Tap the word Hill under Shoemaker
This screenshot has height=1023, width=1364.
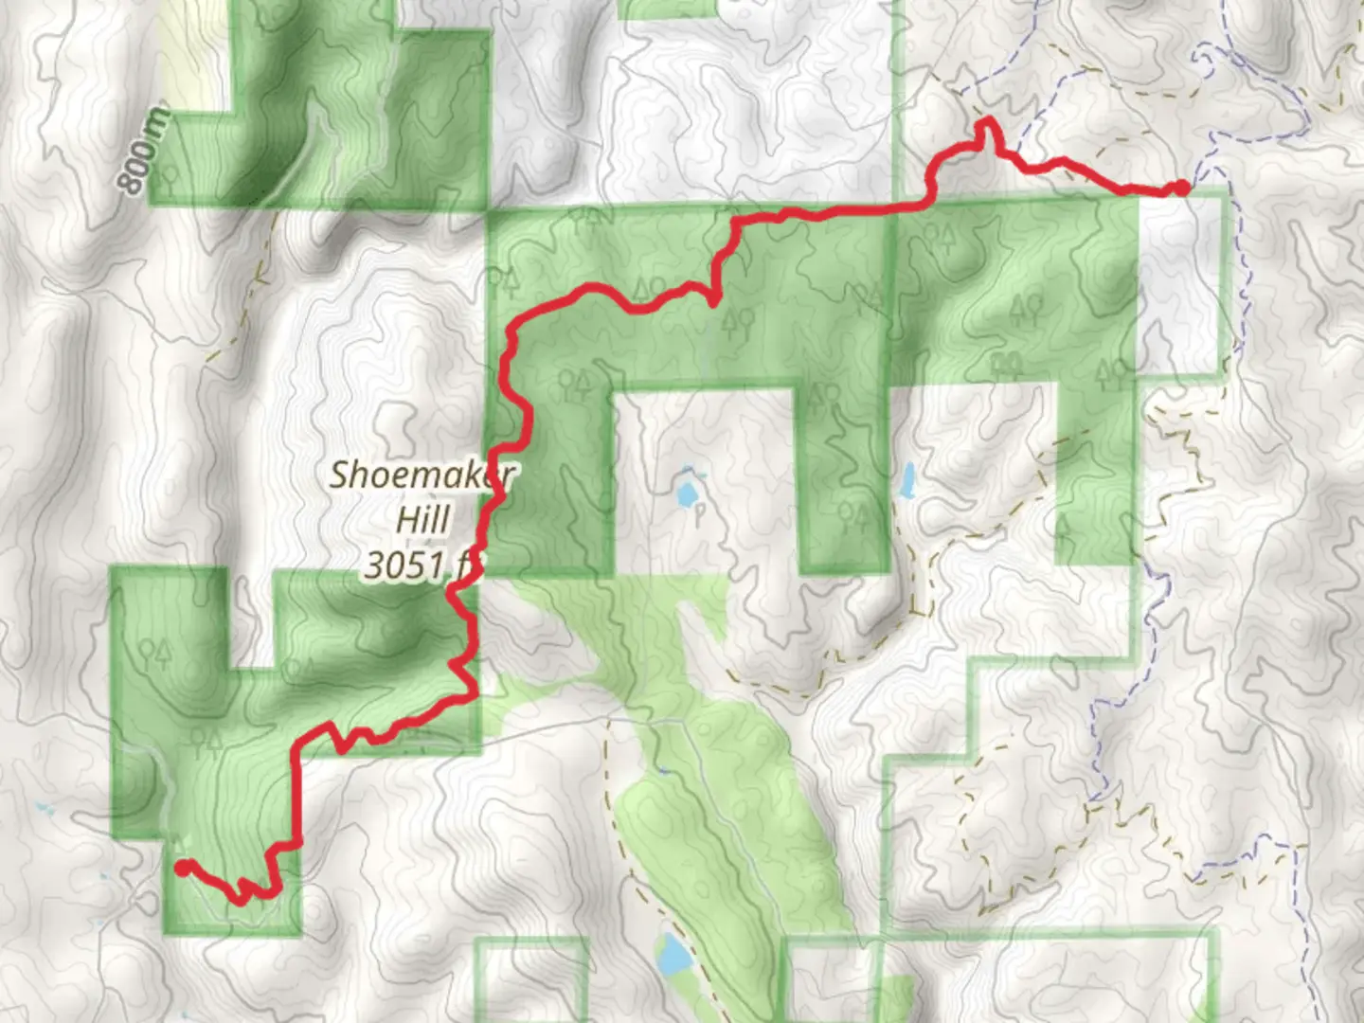pos(422,519)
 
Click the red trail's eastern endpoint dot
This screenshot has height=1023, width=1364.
pos(1182,188)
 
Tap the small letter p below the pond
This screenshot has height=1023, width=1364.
pos(699,519)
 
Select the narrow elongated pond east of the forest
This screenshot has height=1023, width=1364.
pos(906,481)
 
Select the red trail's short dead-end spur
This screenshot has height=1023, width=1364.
pos(713,298)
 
